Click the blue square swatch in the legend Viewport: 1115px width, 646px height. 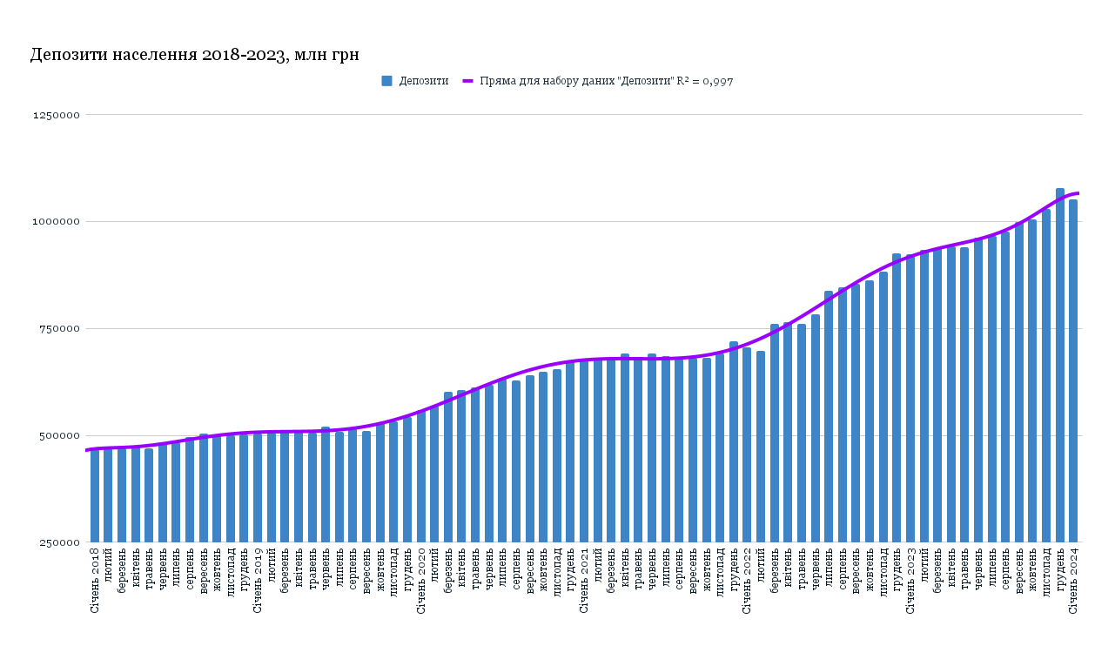pos(386,81)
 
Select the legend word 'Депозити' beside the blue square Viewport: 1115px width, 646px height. pos(424,81)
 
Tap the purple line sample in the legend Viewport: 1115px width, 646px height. pos(467,81)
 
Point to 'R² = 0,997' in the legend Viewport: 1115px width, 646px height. pos(705,81)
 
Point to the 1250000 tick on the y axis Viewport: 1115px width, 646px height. pos(57,115)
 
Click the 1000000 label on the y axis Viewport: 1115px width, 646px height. pos(57,222)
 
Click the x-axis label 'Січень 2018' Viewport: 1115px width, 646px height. pos(95,580)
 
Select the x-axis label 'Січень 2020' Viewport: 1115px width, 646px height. pos(421,580)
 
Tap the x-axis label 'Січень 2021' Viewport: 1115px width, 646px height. pos(584,580)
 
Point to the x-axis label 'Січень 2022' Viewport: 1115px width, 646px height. pos(747,580)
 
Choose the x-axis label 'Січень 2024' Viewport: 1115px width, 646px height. pos(1073,580)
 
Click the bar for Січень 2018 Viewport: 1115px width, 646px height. pos(95,496)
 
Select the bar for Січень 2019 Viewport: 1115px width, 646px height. pos(258,488)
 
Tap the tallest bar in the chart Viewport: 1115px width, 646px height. pos(1059,366)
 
